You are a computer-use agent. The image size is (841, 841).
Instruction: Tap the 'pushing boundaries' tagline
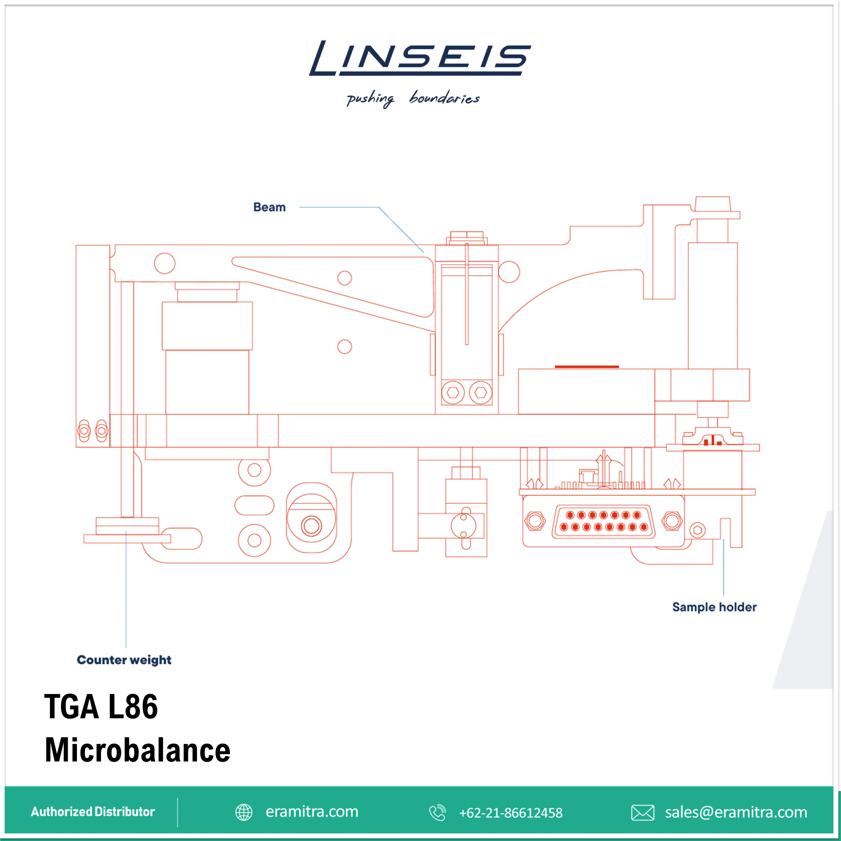[413, 99]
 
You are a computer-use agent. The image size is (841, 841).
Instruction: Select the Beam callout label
[269, 207]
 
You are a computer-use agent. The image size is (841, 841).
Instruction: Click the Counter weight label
[124, 660]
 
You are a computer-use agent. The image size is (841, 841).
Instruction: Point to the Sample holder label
[714, 607]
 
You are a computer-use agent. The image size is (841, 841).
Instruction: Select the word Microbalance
[137, 750]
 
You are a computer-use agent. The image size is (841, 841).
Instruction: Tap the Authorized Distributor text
[93, 812]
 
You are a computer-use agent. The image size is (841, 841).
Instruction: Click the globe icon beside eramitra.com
[244, 812]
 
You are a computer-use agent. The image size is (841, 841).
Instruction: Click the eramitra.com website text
[312, 812]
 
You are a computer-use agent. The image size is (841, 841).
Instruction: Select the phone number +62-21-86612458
[511, 813]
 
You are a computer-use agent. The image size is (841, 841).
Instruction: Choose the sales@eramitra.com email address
[736, 812]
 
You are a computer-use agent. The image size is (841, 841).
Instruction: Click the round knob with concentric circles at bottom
[311, 526]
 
